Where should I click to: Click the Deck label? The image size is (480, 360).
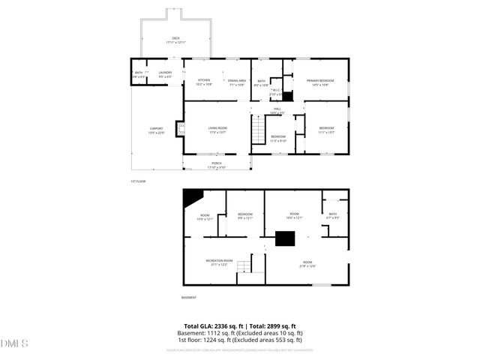click(x=175, y=39)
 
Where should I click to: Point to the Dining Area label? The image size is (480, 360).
click(x=237, y=82)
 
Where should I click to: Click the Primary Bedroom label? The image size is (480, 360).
click(x=319, y=82)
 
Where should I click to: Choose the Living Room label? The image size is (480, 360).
click(x=217, y=130)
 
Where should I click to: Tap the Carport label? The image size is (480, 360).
click(x=156, y=130)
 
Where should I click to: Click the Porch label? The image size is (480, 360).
click(x=216, y=165)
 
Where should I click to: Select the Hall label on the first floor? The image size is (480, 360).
click(x=277, y=110)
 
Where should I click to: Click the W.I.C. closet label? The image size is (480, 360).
click(x=275, y=91)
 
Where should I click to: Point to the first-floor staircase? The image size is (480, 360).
click(x=258, y=133)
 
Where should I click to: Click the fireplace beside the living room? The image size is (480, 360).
click(x=179, y=130)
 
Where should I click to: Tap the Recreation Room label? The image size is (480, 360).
click(x=219, y=262)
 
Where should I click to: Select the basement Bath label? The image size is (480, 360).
click(x=333, y=216)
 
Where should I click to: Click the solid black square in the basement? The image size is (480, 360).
click(x=285, y=239)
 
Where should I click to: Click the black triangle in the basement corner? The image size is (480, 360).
click(x=192, y=197)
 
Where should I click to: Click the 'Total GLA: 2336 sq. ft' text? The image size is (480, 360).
click(x=214, y=326)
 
